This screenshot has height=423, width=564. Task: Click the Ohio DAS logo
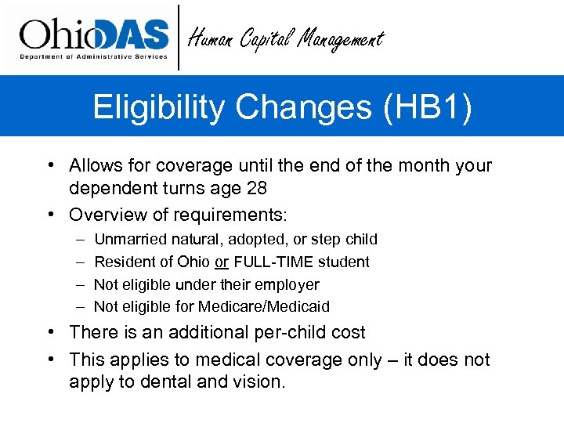point(94,37)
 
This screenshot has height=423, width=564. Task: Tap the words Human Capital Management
point(287,38)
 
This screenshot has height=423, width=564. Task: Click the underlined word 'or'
point(222,262)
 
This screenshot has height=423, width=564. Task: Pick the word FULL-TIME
point(269,262)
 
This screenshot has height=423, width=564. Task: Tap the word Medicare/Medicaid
point(264,306)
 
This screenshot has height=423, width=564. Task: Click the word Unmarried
point(128,239)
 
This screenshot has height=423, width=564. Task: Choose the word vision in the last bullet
point(260,382)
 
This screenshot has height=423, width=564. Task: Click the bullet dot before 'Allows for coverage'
point(49,166)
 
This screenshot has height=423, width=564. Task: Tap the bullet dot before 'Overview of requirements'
point(49,214)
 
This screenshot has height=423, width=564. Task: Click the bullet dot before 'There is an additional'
point(49,332)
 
